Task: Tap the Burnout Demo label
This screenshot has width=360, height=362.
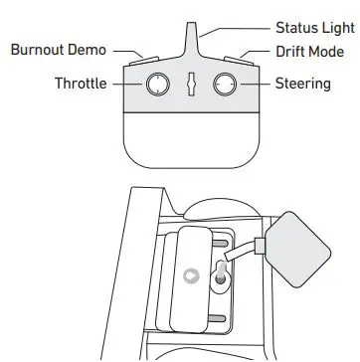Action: coord(59,49)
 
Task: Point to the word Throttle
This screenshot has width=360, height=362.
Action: coord(81,84)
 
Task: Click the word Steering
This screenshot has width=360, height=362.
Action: coord(302,84)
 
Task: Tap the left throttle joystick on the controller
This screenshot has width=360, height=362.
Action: coord(156,86)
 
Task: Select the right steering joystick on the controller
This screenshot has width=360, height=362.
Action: coord(227,86)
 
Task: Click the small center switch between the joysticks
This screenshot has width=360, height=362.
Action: coord(192,86)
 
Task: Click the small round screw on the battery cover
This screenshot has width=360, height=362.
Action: coord(192,274)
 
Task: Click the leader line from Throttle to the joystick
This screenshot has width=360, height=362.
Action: coord(127,85)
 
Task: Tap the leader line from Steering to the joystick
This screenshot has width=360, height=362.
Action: coord(257,85)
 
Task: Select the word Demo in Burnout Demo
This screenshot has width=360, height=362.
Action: coord(87,49)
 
